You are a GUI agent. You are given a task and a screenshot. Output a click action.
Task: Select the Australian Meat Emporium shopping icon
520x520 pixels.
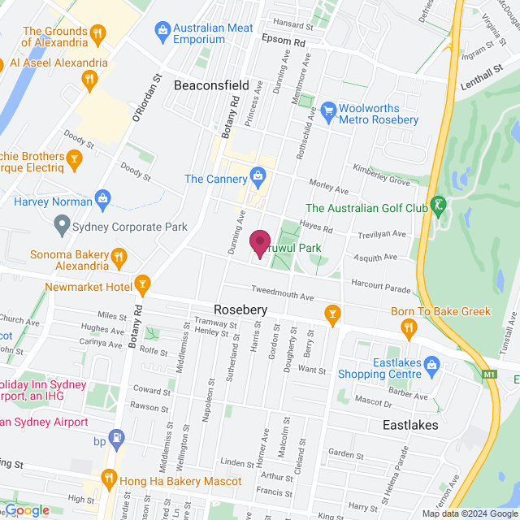point(162,32)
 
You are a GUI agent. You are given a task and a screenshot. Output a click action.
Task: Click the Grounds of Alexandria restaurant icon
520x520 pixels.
point(98,33)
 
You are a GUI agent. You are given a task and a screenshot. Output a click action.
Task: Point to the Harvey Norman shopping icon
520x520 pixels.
point(103,197)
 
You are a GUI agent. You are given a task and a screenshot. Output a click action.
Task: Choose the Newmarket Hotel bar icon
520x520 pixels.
point(143,284)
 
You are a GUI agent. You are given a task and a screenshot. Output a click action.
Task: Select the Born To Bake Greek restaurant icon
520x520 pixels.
point(409,327)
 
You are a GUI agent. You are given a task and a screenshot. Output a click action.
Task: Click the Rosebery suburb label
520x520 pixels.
point(240,310)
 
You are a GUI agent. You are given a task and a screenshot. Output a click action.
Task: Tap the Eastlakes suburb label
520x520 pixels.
point(410,425)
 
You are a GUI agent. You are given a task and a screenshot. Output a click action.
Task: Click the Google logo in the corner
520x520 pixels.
point(26,510)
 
